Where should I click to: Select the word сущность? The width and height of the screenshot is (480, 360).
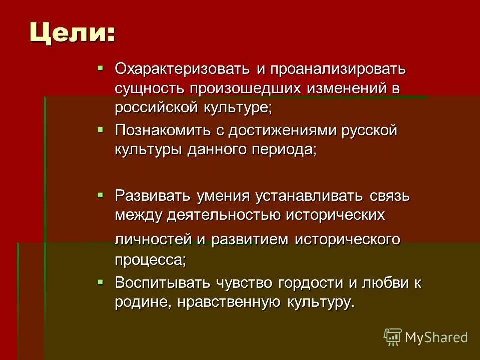pos(149,88)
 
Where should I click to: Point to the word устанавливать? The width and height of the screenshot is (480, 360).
pos(299,195)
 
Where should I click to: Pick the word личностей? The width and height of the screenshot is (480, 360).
pos(153,239)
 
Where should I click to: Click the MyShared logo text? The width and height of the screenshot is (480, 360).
pos(436,337)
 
